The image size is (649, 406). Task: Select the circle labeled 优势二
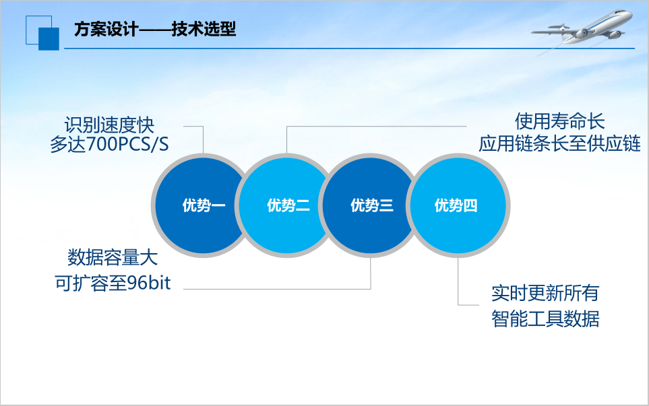coord(287,206)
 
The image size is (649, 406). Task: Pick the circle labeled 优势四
coord(456,206)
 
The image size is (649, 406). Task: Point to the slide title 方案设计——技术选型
coord(155,30)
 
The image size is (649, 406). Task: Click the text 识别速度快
coord(109,125)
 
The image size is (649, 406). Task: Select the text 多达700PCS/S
coord(109,145)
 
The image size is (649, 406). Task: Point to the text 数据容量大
coord(113,258)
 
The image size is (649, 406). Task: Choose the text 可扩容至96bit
coord(113,283)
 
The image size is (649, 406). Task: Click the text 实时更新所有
coord(545,293)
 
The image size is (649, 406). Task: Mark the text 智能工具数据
coord(545,318)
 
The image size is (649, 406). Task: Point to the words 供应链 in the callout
coord(617,143)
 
